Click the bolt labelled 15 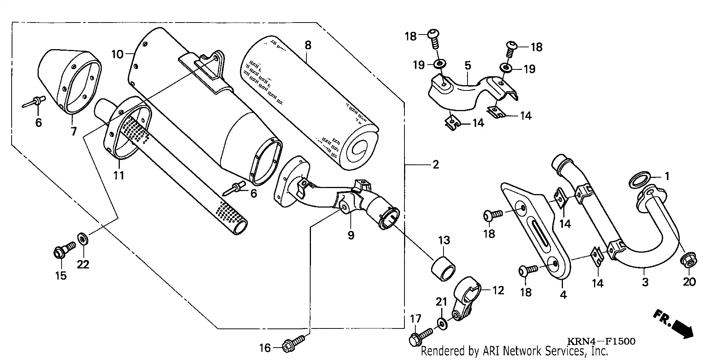[62, 251]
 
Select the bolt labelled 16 [293, 345]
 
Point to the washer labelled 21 [442, 323]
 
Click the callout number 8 [308, 46]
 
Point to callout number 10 [117, 54]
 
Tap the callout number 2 [436, 165]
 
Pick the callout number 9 [351, 235]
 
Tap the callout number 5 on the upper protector [468, 66]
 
